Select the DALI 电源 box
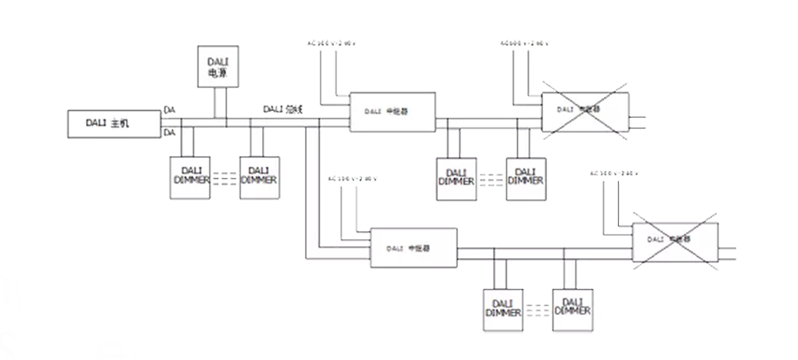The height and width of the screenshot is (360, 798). pos(217,67)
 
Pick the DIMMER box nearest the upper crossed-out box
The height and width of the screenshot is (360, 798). pos(525,176)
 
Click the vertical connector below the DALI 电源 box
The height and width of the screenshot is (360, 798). pos(217,99)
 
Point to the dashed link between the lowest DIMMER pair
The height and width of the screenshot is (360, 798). pos(537,309)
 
